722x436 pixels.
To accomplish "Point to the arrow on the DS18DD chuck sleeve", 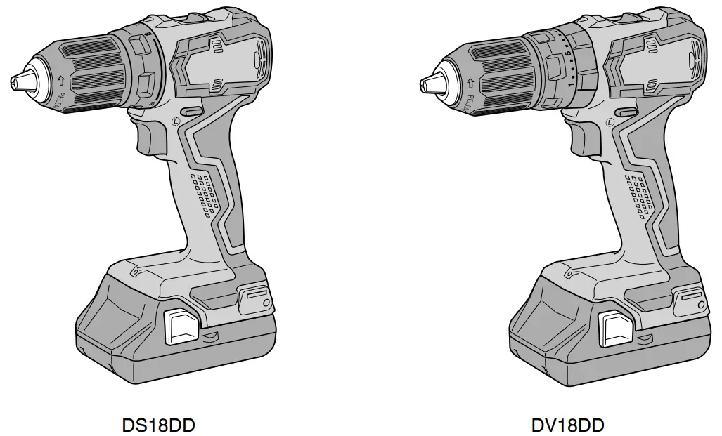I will pos(60,81).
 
